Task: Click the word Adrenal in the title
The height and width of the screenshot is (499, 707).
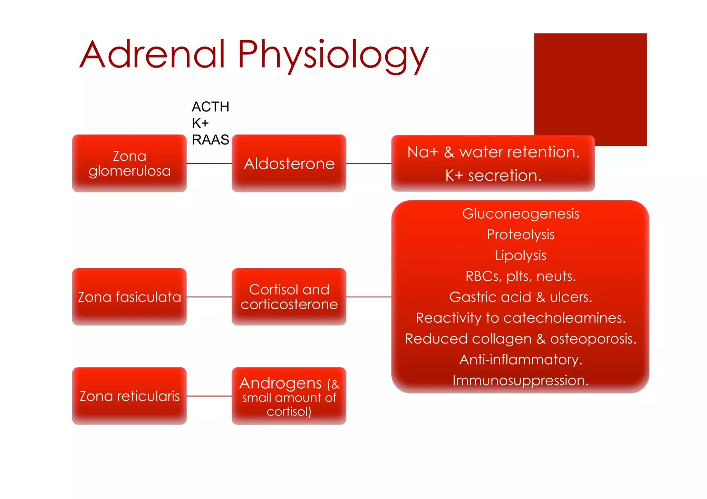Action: point(152,54)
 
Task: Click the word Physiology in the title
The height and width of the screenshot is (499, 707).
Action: point(333,55)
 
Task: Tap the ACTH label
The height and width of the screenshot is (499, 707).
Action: point(210,107)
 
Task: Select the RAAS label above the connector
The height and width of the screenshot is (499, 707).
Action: point(210,140)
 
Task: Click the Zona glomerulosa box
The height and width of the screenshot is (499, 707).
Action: point(129,163)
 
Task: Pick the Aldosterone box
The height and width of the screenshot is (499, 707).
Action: point(289,163)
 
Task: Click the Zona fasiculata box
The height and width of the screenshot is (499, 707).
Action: point(129,297)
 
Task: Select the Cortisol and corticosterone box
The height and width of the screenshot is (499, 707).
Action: point(289,297)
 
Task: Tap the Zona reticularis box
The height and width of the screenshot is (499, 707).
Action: point(129,396)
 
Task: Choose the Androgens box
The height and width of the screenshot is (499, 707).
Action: point(289,396)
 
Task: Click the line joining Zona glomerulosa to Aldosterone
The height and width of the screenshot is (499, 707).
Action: point(209,163)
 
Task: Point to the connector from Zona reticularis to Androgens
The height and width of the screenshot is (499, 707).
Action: point(209,396)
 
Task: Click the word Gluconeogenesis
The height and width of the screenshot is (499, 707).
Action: point(521,214)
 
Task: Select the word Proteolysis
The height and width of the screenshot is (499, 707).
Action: point(521,235)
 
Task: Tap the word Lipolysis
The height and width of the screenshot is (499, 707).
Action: point(521,256)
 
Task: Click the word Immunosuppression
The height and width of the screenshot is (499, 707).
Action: point(521,380)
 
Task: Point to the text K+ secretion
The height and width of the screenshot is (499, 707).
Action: point(493,176)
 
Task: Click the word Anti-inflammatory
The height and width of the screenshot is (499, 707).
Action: point(521,360)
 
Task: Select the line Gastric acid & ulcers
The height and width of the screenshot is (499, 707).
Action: point(521,297)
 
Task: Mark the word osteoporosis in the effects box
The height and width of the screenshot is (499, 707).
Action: point(593,339)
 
